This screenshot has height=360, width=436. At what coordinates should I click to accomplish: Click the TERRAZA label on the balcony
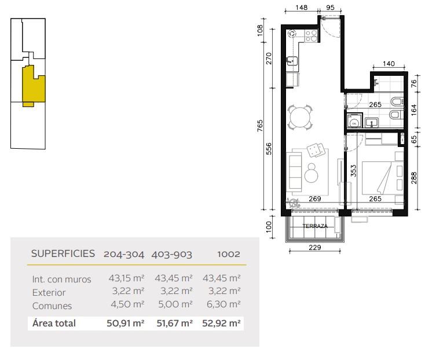click(315, 226)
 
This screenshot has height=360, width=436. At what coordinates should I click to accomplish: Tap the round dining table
click(300, 117)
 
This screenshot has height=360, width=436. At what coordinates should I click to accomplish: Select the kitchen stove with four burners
click(311, 36)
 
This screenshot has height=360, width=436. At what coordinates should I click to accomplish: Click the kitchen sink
click(292, 61)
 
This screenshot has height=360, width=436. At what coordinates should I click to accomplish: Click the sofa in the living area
click(295, 172)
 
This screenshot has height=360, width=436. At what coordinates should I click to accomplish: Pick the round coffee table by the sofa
click(312, 173)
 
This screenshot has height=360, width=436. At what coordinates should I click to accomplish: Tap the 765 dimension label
click(260, 126)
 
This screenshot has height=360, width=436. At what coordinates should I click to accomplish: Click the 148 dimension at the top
click(302, 8)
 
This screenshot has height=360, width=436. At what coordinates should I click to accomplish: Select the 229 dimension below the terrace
click(315, 247)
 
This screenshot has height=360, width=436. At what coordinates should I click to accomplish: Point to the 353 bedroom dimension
click(353, 171)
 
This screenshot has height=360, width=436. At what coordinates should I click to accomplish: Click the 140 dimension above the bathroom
click(389, 64)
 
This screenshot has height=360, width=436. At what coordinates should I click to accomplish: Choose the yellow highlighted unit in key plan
click(34, 85)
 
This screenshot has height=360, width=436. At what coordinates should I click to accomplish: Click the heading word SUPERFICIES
click(63, 254)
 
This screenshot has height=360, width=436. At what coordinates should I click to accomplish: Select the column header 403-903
click(171, 255)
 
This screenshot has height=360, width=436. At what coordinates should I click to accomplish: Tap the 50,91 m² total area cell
click(126, 324)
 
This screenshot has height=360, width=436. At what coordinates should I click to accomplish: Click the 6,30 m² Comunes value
click(224, 304)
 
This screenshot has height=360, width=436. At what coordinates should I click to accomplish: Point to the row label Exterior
click(49, 292)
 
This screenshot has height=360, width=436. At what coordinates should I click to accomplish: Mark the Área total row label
click(54, 323)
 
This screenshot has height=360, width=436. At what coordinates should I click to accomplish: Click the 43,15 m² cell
click(126, 278)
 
